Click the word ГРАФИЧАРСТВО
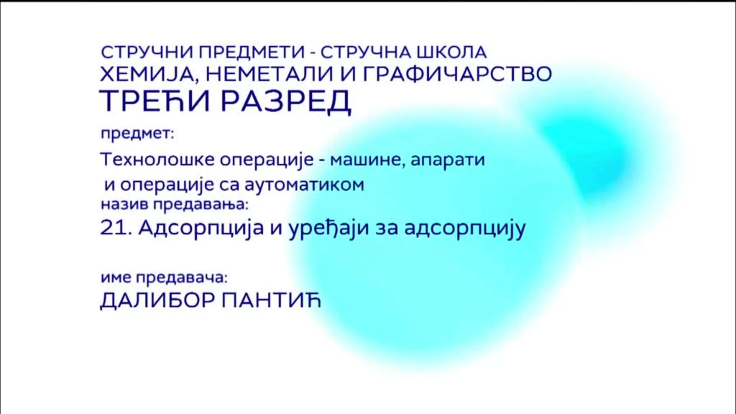point(457,74)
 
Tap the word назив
point(125,204)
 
